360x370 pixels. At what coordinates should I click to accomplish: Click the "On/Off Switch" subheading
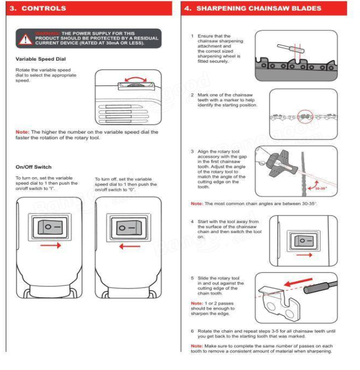(x=34, y=167)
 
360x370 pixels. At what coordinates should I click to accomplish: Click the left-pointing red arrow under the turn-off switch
(x=130, y=246)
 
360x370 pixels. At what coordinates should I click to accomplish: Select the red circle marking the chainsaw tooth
(x=304, y=116)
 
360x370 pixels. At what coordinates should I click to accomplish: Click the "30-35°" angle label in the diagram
(x=321, y=189)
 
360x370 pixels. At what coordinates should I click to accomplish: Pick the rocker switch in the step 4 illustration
(x=304, y=239)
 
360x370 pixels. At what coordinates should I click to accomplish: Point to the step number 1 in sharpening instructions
(x=192, y=36)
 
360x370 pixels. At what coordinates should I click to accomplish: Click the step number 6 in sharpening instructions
(x=192, y=331)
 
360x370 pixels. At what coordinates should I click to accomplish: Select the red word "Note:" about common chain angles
(x=197, y=204)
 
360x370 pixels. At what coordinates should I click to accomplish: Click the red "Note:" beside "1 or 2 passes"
(x=197, y=303)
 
